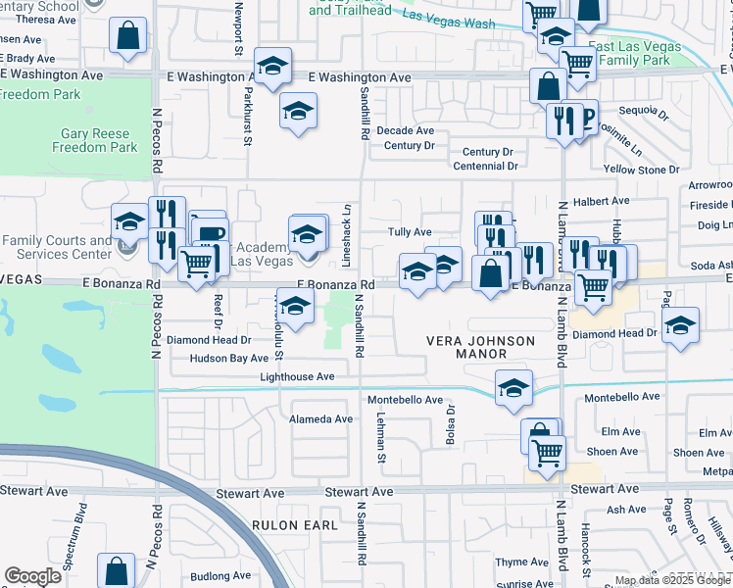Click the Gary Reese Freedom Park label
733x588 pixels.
94,140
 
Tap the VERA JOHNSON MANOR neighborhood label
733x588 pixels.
480,347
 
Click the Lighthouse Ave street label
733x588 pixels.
297,376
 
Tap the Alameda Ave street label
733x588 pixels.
320,418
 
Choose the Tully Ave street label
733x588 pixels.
410,232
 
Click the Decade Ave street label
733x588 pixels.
406,130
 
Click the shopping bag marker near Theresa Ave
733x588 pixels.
128,36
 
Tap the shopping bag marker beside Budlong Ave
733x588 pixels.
116,568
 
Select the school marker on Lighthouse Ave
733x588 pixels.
513,388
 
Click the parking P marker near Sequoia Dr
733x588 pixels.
588,119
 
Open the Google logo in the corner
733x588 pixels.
32,576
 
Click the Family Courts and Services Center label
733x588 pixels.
57,247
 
